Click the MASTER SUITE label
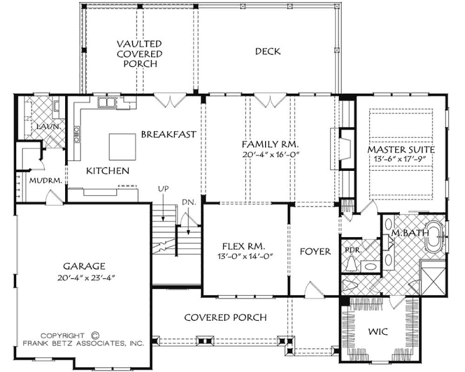(x=401, y=149)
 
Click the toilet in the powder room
(x=351, y=264)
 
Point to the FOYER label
(x=315, y=252)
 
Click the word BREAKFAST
(x=168, y=134)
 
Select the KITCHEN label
(x=108, y=170)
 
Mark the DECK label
(x=267, y=52)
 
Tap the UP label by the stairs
(x=163, y=189)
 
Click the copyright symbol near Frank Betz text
(x=96, y=335)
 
